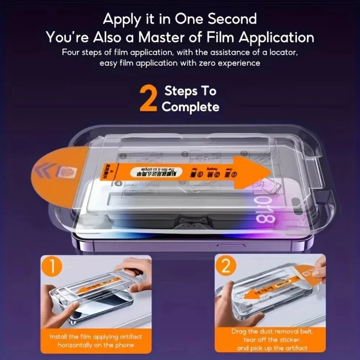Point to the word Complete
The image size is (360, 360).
pyautogui.click(x=190, y=107)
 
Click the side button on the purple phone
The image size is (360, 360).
pyautogui.click(x=231, y=246)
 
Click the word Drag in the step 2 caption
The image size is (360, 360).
pyautogui.click(x=239, y=331)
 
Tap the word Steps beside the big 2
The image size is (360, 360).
pyautogui.click(x=190, y=91)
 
